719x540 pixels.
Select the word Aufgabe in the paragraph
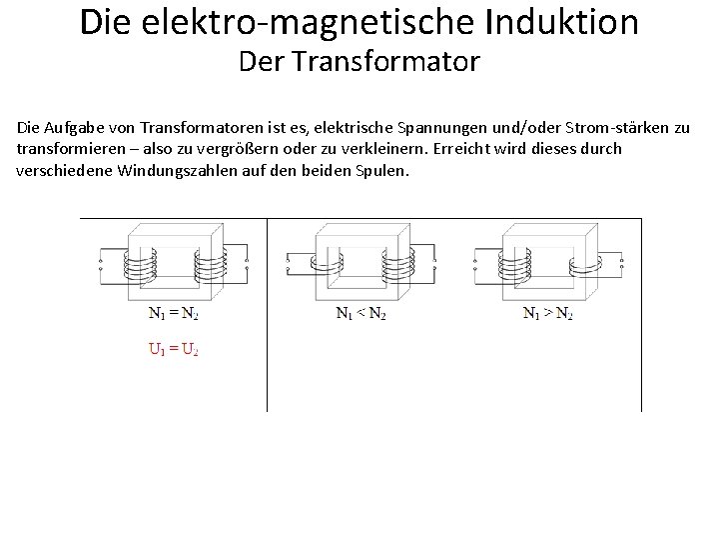(80, 128)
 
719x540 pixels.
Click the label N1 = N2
(174, 313)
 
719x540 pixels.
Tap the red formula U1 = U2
(174, 350)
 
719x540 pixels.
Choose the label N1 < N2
(360, 313)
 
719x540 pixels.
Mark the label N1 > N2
(548, 313)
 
